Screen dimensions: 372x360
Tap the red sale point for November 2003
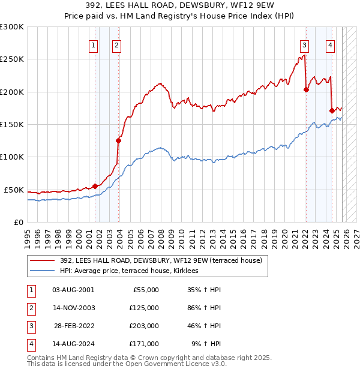[118, 141]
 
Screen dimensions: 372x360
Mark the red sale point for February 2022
[306, 90]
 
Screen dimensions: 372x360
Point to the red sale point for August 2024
[332, 110]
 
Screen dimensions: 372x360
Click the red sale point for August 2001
[95, 186]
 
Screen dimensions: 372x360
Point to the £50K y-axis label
[14, 190]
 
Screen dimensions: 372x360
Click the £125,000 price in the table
[144, 308]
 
